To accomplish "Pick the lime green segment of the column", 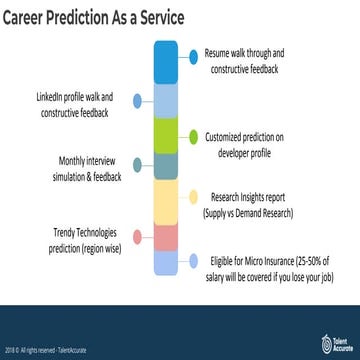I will tap(166, 135).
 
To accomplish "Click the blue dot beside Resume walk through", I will tap(193, 59).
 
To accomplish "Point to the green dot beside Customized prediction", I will tap(193, 135).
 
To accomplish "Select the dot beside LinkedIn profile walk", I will tap(139, 102).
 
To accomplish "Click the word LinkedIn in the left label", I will tap(50, 96).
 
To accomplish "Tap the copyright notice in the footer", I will tap(45, 342).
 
